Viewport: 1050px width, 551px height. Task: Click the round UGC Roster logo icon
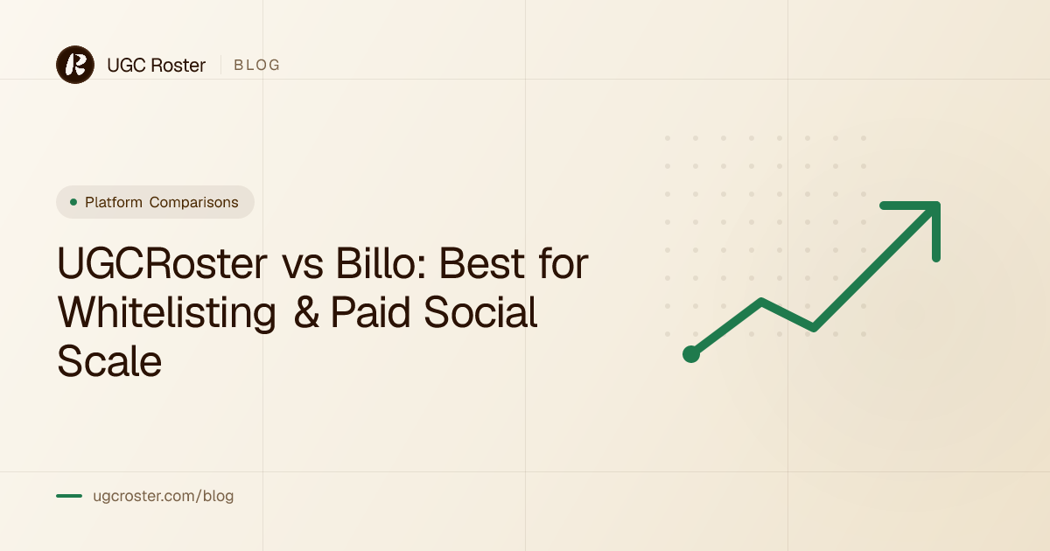tap(75, 65)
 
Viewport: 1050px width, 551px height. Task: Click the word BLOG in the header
tap(257, 65)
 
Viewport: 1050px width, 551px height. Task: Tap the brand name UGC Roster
tap(156, 65)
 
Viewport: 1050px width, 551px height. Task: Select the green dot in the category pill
tap(73, 202)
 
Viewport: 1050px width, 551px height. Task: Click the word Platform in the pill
tap(114, 202)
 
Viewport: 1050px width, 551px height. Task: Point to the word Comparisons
tap(193, 202)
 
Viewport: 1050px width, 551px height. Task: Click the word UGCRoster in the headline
tap(162, 263)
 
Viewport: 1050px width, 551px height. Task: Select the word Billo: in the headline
tap(381, 263)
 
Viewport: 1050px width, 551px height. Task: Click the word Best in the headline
tap(481, 263)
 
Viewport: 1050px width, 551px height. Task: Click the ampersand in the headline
tap(306, 312)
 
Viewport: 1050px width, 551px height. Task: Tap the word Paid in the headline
tap(371, 312)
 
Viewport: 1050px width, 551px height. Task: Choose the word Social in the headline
tap(480, 312)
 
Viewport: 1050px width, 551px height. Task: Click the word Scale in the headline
tap(109, 360)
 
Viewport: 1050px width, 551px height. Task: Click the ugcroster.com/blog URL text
tap(163, 496)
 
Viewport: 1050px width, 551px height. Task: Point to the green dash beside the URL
tap(69, 496)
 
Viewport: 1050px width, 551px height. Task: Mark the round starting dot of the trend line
tap(691, 354)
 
